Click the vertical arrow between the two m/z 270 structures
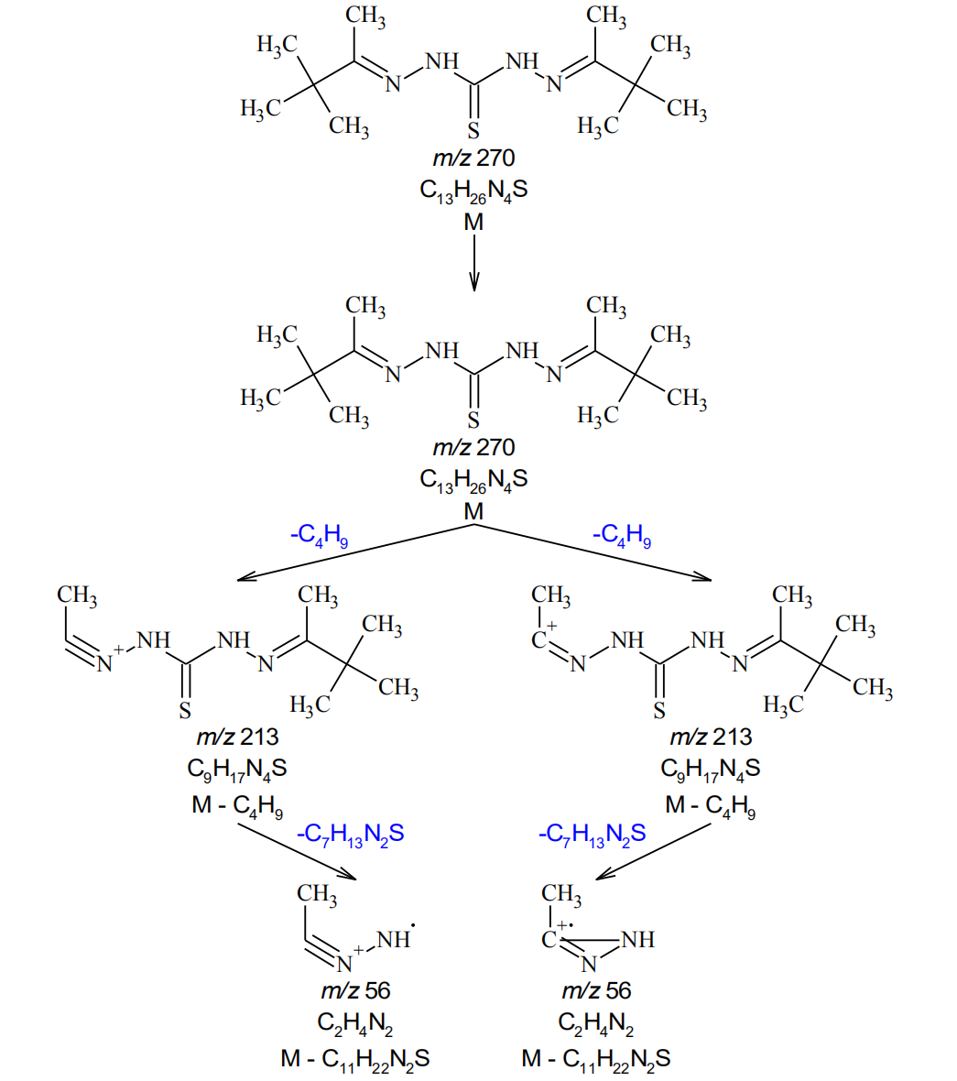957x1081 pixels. pyautogui.click(x=473, y=262)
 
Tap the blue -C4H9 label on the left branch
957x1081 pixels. pyautogui.click(x=319, y=535)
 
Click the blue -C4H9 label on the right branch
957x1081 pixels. pyautogui.click(x=622, y=535)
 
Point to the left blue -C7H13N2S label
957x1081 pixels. pyautogui.click(x=350, y=834)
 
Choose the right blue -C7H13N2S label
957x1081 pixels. pyautogui.click(x=592, y=834)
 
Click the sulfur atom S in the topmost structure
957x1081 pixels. pyautogui.click(x=473, y=130)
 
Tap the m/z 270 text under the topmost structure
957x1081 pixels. pyautogui.click(x=473, y=158)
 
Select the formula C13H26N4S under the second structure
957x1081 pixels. pyautogui.click(x=473, y=479)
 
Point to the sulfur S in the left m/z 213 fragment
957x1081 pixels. pyautogui.click(x=185, y=711)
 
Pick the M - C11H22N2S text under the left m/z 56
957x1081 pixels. pyautogui.click(x=355, y=1059)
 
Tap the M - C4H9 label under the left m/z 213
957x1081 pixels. pyautogui.click(x=236, y=806)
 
